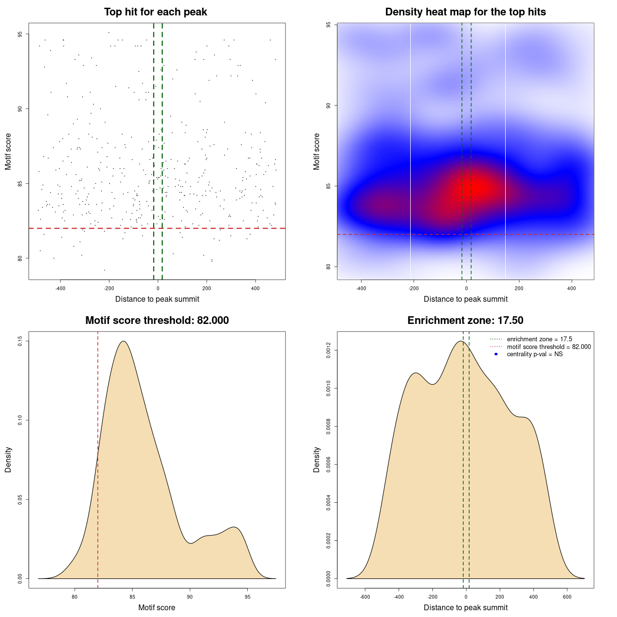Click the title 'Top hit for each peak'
tap(155, 12)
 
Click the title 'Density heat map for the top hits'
tap(465, 12)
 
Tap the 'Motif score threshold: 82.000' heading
tap(157, 321)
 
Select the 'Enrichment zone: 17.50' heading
tap(465, 321)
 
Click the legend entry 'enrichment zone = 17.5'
tap(539, 339)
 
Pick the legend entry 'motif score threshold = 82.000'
tap(549, 347)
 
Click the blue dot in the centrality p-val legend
tap(496, 354)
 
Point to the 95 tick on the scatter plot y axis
tap(21, 34)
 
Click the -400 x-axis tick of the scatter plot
tap(60, 288)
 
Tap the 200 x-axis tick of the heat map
tap(519, 288)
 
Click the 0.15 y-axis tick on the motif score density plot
tap(21, 341)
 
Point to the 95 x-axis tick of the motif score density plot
tap(247, 597)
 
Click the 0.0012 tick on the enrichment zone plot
tap(329, 350)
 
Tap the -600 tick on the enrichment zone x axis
tap(365, 597)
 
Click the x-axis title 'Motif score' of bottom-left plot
tap(157, 607)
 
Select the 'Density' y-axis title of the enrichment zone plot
tap(317, 459)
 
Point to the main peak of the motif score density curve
tap(124, 341)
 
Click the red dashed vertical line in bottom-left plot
tap(98, 458)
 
